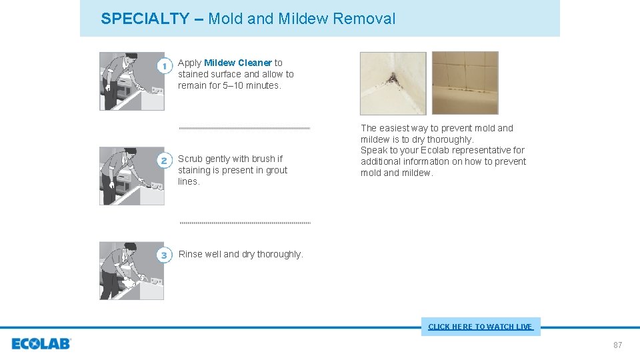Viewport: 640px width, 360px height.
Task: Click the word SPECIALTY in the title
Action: click(x=145, y=19)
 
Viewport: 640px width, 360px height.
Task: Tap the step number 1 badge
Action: click(x=165, y=67)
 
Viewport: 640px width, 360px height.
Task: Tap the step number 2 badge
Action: click(x=165, y=161)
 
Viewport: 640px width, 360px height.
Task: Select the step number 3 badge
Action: click(x=165, y=255)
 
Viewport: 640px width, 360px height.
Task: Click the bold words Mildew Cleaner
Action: click(x=238, y=63)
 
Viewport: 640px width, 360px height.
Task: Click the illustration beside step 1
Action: click(x=131, y=81)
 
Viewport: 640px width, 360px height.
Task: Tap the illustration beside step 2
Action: click(x=131, y=175)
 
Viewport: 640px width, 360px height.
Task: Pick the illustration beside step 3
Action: click(x=131, y=270)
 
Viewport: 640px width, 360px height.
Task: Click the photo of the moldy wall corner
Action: click(x=393, y=83)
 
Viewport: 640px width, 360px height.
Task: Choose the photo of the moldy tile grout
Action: click(x=465, y=83)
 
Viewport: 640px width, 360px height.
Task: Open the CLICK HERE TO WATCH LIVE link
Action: click(x=480, y=327)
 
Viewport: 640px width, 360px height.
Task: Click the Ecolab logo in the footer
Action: click(x=41, y=344)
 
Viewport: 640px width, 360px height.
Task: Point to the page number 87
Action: click(x=617, y=345)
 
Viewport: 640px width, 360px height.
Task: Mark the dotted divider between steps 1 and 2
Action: click(x=245, y=127)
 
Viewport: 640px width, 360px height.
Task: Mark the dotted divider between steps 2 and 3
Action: click(x=245, y=223)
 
